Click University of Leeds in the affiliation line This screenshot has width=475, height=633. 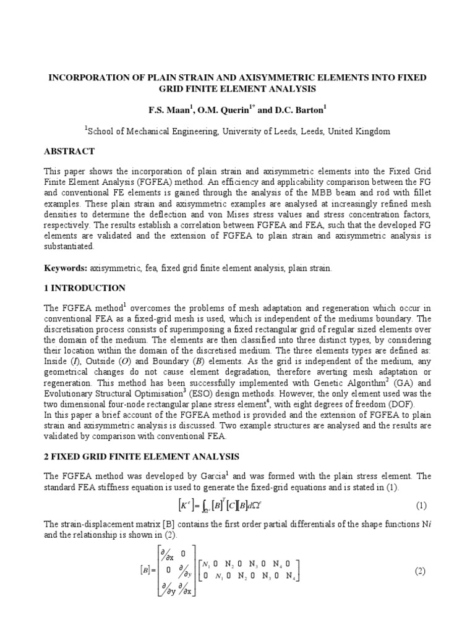[278, 131]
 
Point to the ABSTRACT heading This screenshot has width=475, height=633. [69, 151]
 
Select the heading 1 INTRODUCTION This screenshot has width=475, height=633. [85, 288]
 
